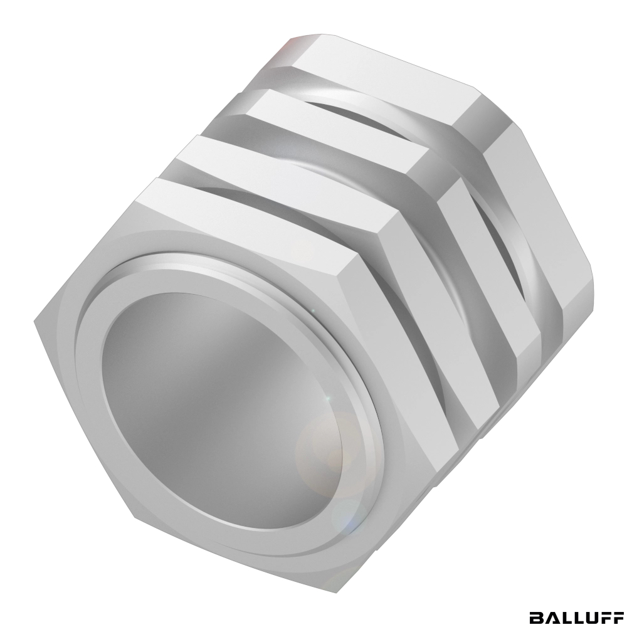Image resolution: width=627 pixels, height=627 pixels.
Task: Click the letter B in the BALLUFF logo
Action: pyautogui.click(x=537, y=618)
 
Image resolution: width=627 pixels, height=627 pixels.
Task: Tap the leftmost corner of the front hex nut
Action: pyautogui.click(x=34, y=320)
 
